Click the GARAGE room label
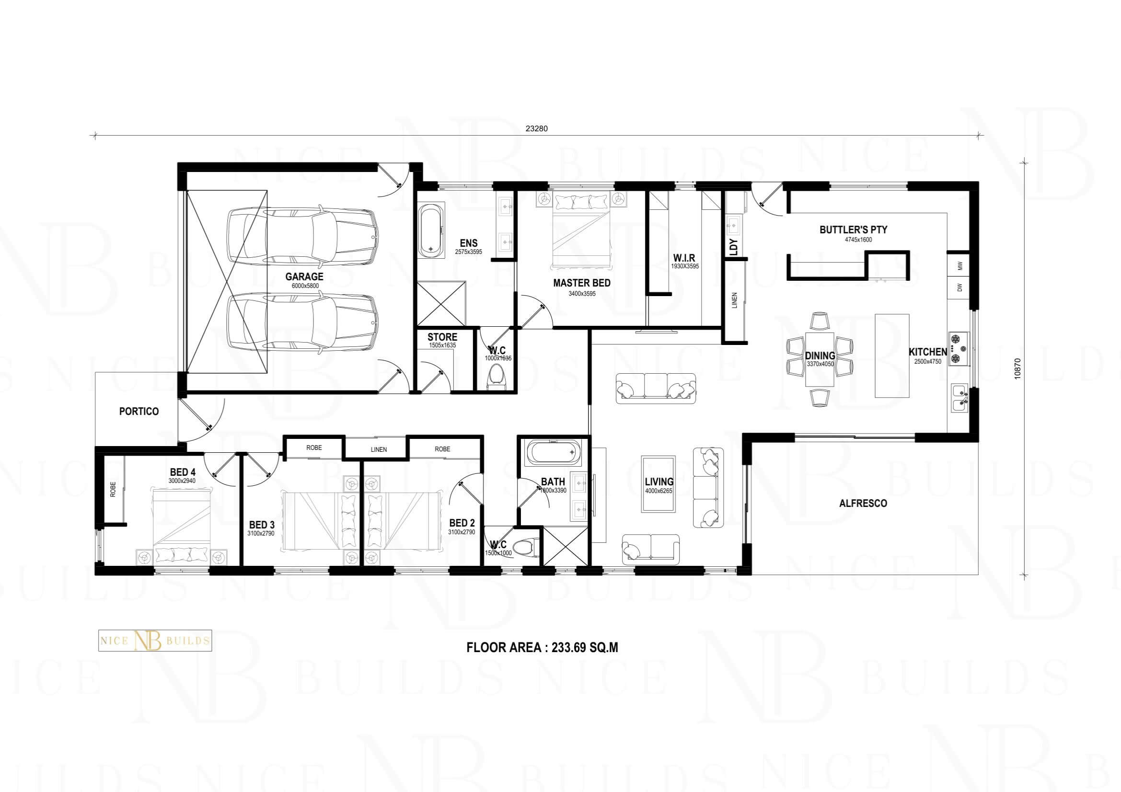(304, 276)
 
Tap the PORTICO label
(139, 412)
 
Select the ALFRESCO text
(863, 503)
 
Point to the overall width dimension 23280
(537, 129)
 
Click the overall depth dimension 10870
(1017, 369)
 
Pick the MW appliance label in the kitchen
(960, 266)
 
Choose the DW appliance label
(960, 288)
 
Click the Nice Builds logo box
(155, 640)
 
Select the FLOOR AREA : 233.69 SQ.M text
(543, 648)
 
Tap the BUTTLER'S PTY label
(854, 230)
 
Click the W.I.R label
(684, 258)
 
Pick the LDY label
(733, 247)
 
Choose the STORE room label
(442, 337)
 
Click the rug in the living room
(658, 484)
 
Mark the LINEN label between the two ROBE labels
(379, 449)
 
